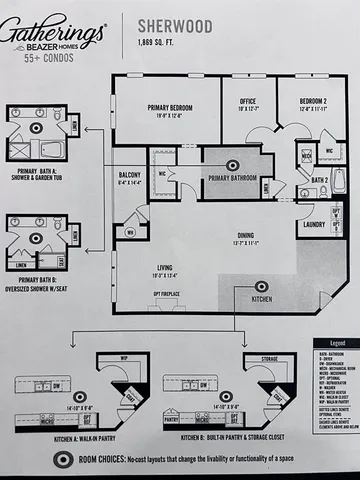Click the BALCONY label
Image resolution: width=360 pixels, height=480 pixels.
pos(129,178)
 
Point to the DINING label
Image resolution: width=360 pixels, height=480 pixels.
pos(245,237)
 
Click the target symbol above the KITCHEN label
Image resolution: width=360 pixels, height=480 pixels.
pos(261,286)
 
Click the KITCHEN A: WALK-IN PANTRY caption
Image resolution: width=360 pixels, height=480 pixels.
pos(96,437)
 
